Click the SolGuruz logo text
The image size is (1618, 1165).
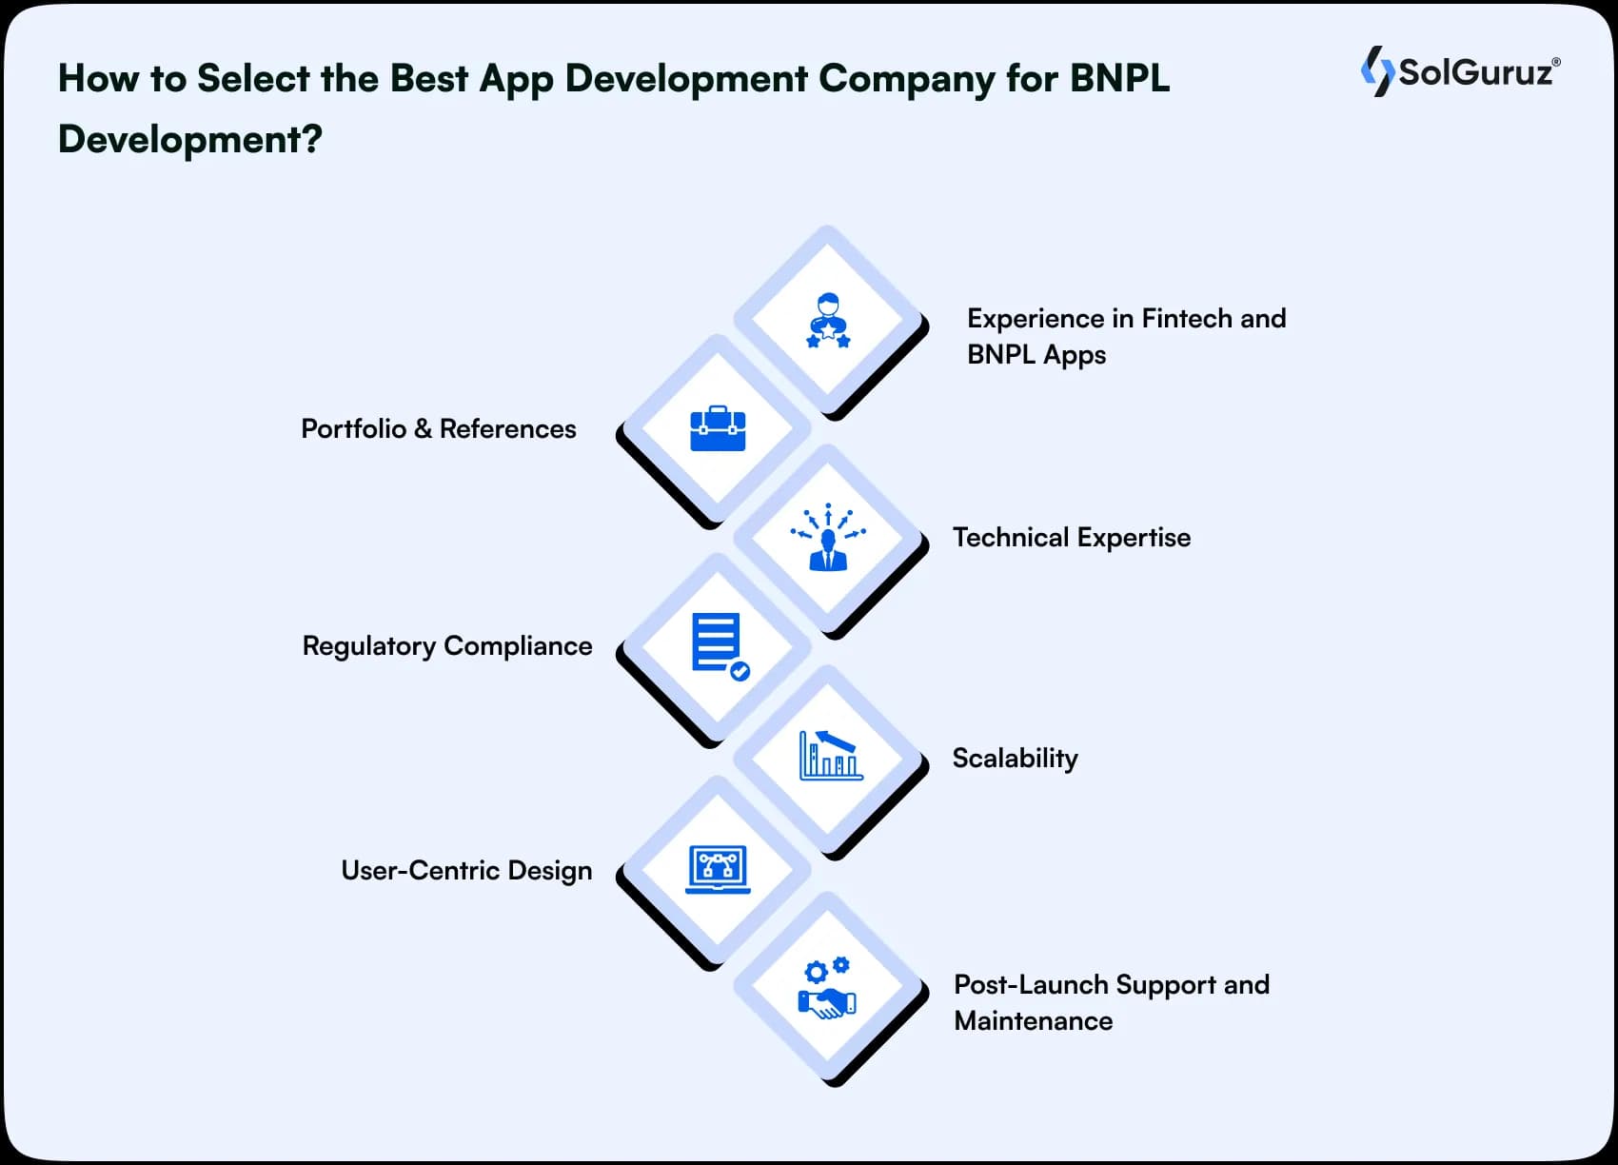coord(1475,72)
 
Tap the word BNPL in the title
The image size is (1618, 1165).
coord(1119,78)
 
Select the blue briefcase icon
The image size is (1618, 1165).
coord(718,428)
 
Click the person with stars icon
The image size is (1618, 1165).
coord(828,322)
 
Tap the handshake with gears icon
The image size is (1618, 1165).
coord(827,987)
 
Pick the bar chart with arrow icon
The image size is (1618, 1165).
coord(831,755)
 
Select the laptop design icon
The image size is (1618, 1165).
coord(718,869)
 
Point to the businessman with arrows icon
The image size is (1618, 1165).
coord(828,537)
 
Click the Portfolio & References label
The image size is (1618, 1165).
coord(439,429)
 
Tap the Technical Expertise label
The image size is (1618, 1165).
coord(1071,538)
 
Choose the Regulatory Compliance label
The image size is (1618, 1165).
coord(447,646)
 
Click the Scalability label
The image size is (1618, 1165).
coord(1015,759)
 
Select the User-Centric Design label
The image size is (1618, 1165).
coord(466,870)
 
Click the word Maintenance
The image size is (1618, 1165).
coord(1033,1020)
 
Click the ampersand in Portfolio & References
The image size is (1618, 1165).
coord(424,428)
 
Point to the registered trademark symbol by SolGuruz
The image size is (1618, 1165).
coord(1556,62)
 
